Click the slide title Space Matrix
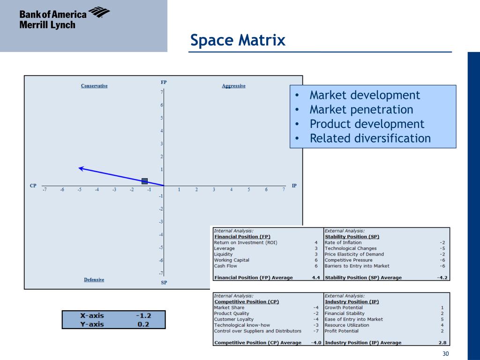[x=238, y=40]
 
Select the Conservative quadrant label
[x=94, y=86]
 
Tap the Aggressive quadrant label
[x=233, y=86]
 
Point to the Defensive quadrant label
[x=94, y=280]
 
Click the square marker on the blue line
[x=144, y=181]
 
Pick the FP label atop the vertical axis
[x=164, y=82]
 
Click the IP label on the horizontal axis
[x=294, y=186]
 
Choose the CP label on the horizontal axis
[x=33, y=186]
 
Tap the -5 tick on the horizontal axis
[x=79, y=190]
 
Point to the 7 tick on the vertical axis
[x=161, y=92]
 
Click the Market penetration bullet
[x=361, y=110]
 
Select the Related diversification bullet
[x=370, y=138]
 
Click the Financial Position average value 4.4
[x=316, y=277]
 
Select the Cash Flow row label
[x=225, y=266]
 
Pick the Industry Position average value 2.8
[x=442, y=343]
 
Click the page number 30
[x=445, y=354]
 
